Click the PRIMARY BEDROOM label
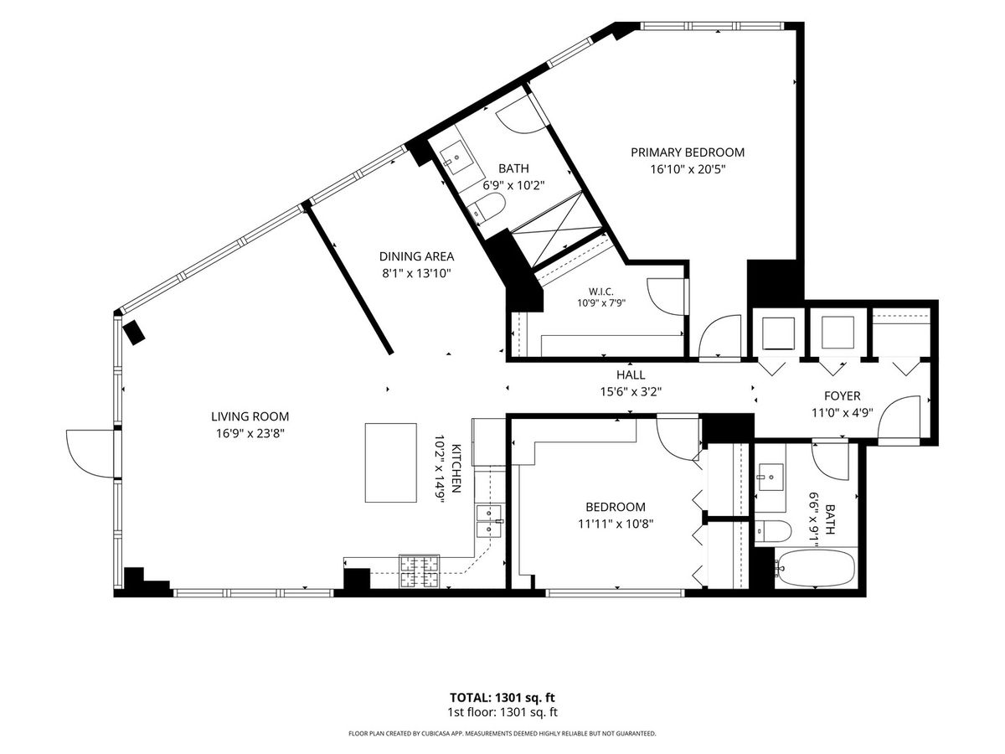[688, 152]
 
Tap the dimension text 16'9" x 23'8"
[250, 433]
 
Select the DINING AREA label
[416, 256]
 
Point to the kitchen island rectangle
[390, 462]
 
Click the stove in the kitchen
[419, 571]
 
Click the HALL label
[631, 375]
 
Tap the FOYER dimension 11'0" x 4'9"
[842, 412]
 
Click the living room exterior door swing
[90, 453]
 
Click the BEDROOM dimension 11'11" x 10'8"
[616, 524]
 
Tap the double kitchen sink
[489, 521]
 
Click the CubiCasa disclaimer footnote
[502, 733]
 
